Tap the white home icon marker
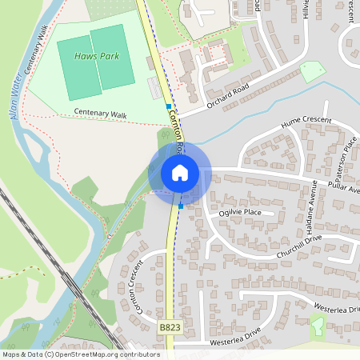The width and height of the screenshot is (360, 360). (x=179, y=172)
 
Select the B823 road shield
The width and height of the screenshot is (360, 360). (x=169, y=327)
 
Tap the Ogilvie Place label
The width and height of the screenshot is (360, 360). (x=240, y=212)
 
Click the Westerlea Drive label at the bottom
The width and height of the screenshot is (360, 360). (x=236, y=337)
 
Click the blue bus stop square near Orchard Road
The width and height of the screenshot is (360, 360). (x=168, y=106)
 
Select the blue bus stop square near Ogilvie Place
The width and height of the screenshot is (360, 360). (x=181, y=206)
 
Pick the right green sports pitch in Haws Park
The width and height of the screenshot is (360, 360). (x=113, y=58)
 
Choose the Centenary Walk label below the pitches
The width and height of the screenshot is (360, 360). (x=100, y=114)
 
